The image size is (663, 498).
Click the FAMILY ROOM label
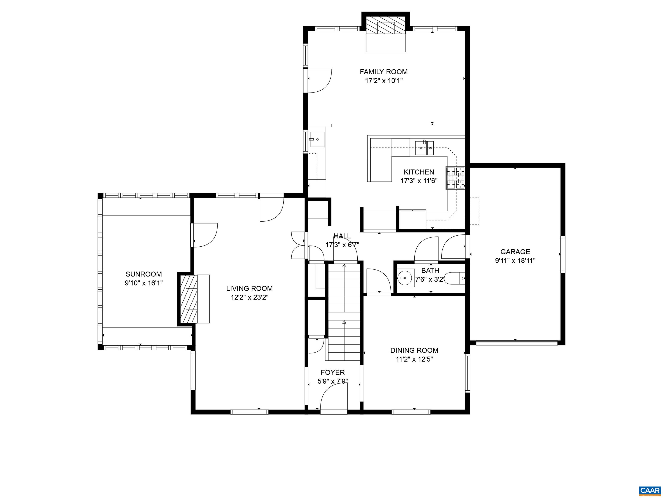click(x=384, y=72)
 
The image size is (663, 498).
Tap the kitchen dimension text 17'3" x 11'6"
click(x=419, y=181)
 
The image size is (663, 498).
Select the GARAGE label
click(x=515, y=252)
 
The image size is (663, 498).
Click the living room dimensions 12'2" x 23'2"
click(x=249, y=297)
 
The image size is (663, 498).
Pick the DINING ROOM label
click(x=414, y=350)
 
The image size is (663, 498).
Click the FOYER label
click(x=333, y=372)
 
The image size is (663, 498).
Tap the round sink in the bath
click(x=405, y=278)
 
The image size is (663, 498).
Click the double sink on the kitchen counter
click(x=424, y=147)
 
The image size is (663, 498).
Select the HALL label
click(x=342, y=236)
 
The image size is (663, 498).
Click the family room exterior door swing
click(x=319, y=80)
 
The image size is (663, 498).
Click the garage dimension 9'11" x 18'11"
click(x=515, y=260)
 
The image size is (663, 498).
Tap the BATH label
click(x=430, y=270)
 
